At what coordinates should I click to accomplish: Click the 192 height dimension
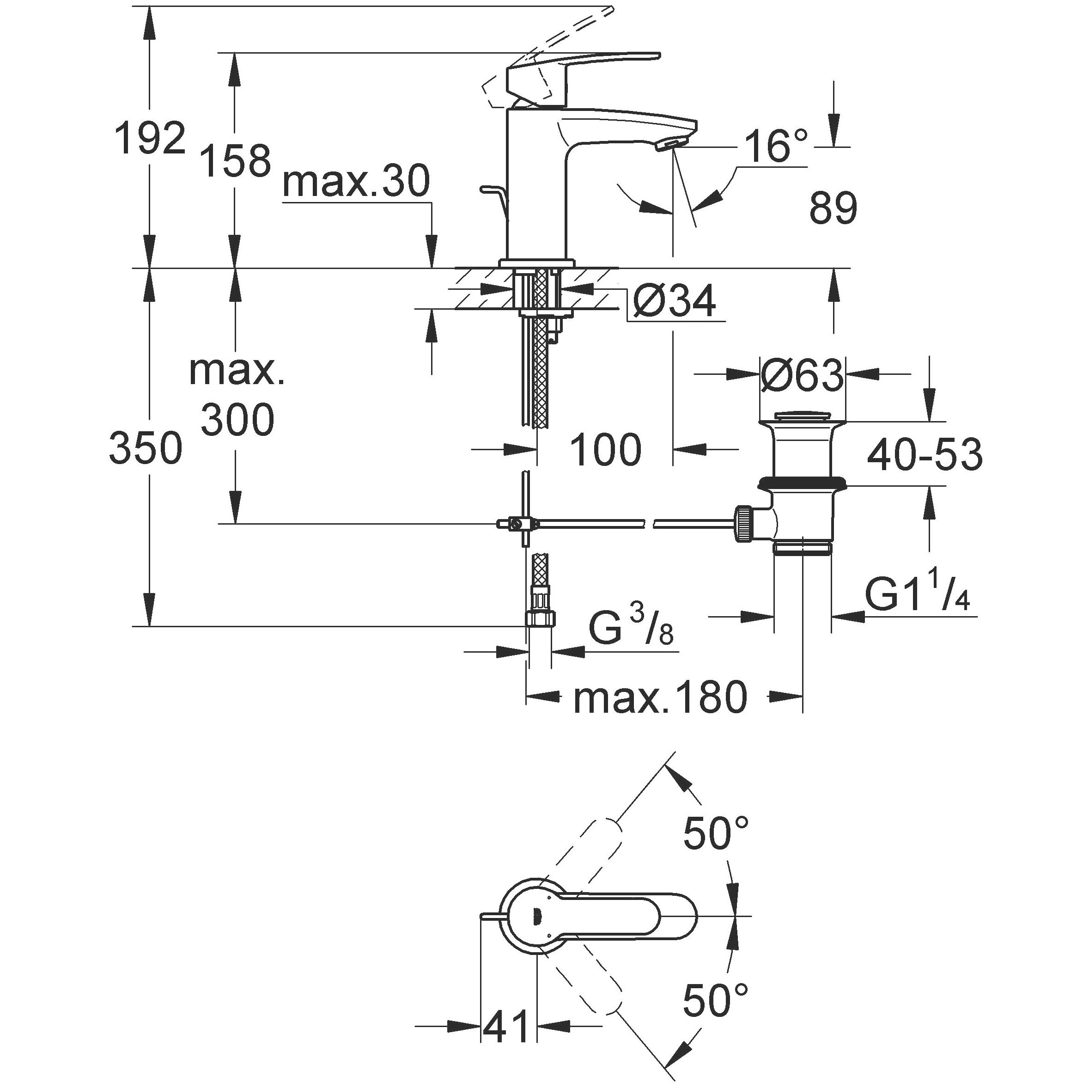pos(150,138)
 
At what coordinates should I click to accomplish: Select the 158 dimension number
pos(236,161)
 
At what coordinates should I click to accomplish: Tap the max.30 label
pos(356,182)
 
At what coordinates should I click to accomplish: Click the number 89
pos(833,208)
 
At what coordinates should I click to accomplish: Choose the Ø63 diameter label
pos(802,376)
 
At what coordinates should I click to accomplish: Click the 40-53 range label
pos(925,454)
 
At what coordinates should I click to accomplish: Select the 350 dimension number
pos(146,448)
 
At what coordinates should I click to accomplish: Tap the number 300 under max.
pos(237,420)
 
